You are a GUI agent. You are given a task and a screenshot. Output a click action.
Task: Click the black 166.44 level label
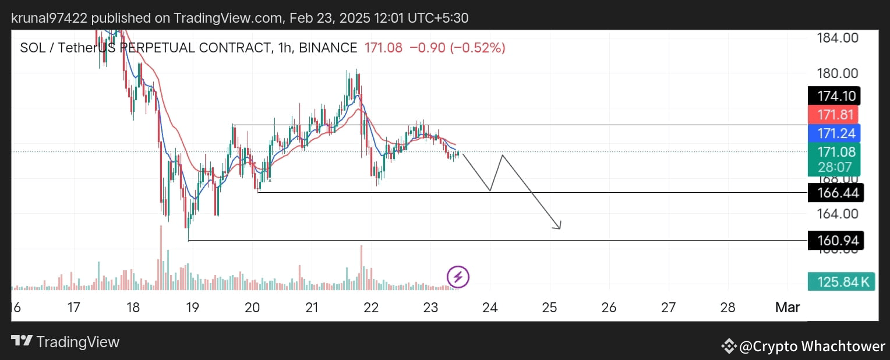(x=836, y=192)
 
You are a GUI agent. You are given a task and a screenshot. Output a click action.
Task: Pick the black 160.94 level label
(x=836, y=240)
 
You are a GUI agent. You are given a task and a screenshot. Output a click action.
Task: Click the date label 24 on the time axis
(x=490, y=307)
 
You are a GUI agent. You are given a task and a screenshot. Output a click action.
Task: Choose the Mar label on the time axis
(x=787, y=307)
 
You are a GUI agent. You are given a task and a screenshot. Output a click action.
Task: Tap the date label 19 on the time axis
(x=192, y=307)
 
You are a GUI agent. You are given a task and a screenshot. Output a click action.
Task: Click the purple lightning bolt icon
(x=458, y=277)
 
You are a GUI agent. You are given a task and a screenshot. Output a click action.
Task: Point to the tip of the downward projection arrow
(x=560, y=228)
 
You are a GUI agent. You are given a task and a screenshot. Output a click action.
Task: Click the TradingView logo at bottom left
(x=65, y=342)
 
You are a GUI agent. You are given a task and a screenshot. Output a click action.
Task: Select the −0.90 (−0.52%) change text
(x=457, y=48)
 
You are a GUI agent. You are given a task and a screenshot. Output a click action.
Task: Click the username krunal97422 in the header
(x=50, y=18)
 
